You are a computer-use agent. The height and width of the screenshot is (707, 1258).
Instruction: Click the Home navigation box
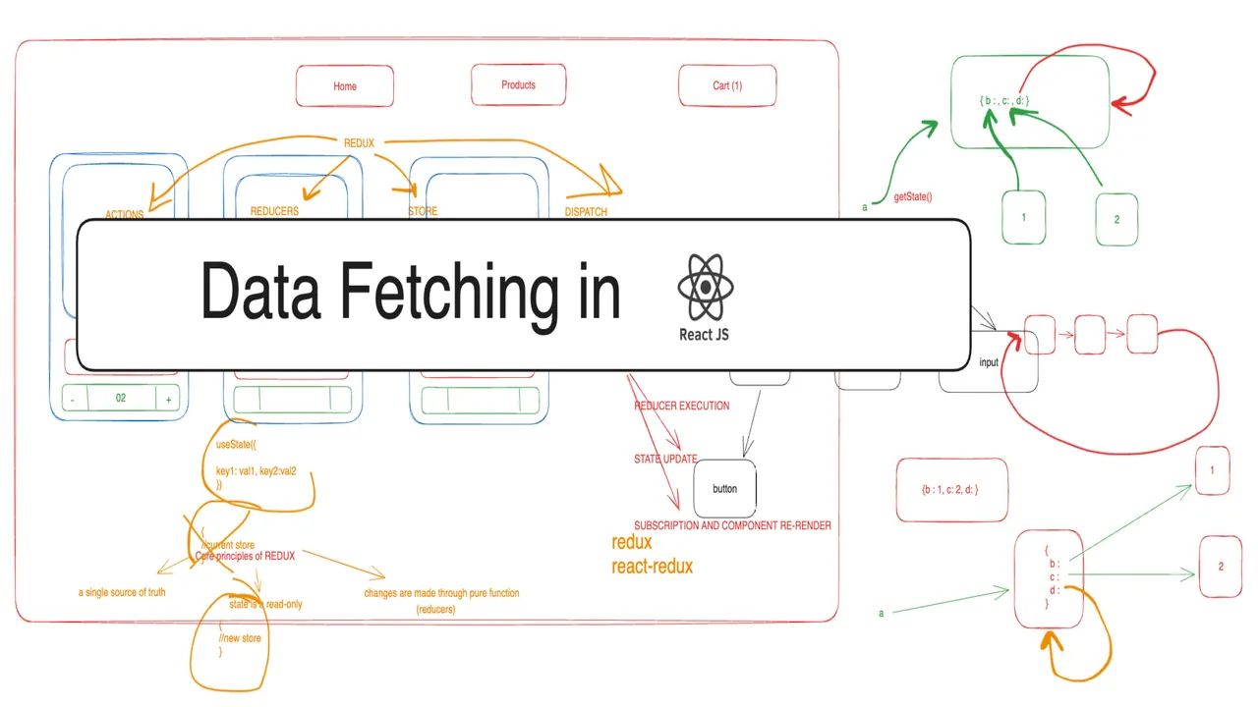344,86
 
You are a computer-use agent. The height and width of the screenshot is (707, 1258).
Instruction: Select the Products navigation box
518,85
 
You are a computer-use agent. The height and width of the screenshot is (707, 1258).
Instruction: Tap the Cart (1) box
727,85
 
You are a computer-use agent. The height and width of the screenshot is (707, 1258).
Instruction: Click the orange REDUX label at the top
359,143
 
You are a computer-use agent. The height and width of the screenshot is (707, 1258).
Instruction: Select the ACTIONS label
124,214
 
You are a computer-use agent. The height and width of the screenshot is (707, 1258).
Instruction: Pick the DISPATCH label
586,211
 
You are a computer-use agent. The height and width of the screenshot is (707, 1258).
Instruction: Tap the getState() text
912,197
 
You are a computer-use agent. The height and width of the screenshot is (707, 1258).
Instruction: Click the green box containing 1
1024,216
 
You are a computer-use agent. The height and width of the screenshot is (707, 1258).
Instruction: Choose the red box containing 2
1221,567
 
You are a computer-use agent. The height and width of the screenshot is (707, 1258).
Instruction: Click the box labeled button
724,488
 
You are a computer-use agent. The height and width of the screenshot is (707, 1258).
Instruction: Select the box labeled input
988,363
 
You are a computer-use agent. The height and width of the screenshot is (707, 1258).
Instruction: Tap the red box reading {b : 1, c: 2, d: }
951,489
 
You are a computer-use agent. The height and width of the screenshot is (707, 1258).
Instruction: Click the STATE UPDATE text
665,459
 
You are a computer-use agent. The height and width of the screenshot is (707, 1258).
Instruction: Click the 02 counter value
120,399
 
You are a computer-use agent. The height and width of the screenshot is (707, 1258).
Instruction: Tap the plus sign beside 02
168,400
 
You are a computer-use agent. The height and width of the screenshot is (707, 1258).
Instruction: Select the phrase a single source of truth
122,592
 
